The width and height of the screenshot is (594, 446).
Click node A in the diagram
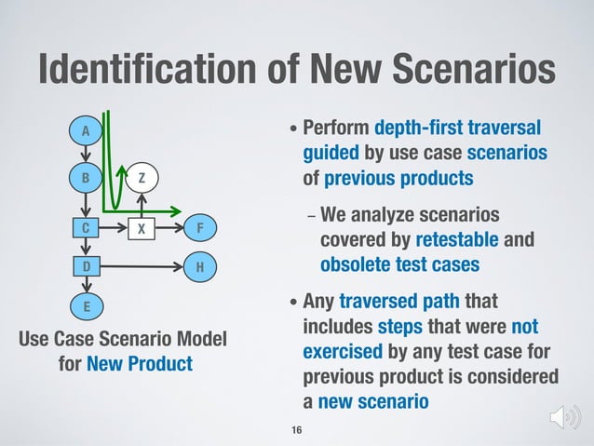pyautogui.click(x=86, y=131)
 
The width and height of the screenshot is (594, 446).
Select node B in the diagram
pyautogui.click(x=86, y=177)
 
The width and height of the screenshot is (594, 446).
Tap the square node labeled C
pyautogui.click(x=86, y=227)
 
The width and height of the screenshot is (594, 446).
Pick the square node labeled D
pyautogui.click(x=86, y=267)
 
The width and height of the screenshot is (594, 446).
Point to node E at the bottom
pyautogui.click(x=86, y=305)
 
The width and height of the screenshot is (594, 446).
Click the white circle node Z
pyautogui.click(x=142, y=177)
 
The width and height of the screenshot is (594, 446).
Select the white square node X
pyautogui.click(x=142, y=227)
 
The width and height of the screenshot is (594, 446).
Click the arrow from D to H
pyautogui.click(x=140, y=267)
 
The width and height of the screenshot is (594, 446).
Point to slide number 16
pyautogui.click(x=297, y=429)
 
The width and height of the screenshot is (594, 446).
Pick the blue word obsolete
pyautogui.click(x=356, y=264)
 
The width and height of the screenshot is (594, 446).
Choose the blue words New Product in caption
pyautogui.click(x=140, y=361)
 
